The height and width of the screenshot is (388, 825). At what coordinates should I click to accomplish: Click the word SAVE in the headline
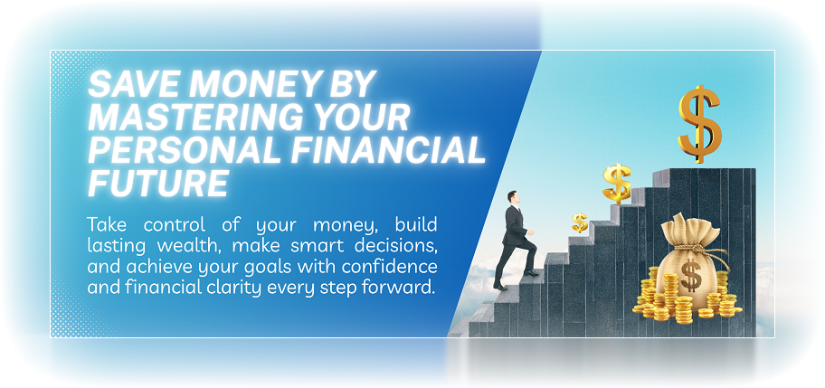click(x=127, y=87)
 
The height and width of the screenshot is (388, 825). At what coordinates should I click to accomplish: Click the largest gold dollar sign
click(x=700, y=123)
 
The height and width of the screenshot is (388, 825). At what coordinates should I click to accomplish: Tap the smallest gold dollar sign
click(x=580, y=222)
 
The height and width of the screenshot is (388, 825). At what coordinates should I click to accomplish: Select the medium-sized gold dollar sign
click(x=618, y=183)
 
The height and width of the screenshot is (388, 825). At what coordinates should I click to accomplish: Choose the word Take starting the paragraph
click(x=105, y=223)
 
